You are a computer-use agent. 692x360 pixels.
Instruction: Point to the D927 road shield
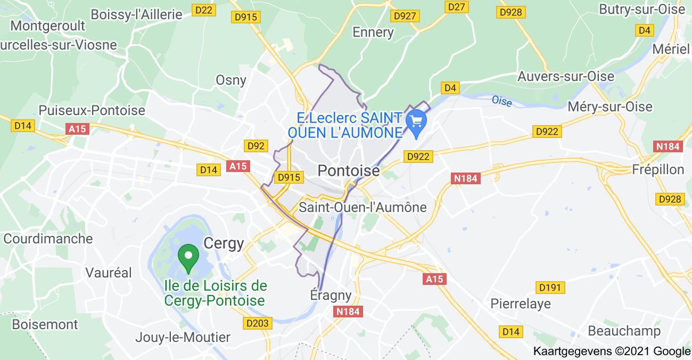point(405,16)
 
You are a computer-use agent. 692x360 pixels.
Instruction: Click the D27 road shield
point(457,6)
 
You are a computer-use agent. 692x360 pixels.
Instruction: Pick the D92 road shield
point(256,145)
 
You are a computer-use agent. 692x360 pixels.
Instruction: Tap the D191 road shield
point(550,288)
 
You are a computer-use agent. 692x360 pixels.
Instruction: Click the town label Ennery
point(373,32)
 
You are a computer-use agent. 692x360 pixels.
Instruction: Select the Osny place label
point(230,80)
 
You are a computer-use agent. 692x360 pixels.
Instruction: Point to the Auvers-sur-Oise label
point(566,77)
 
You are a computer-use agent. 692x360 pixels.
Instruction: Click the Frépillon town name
point(657,169)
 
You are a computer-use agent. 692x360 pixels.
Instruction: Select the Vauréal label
point(109,273)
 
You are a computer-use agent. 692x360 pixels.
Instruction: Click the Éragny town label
point(331,295)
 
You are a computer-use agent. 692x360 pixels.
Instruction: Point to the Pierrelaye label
point(521,304)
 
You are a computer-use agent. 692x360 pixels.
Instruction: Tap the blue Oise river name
point(501,100)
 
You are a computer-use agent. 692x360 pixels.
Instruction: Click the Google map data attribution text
point(611,351)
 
